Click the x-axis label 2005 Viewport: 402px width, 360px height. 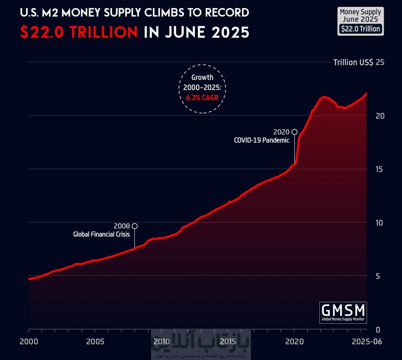[95, 342]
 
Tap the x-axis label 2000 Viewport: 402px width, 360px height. [29, 342]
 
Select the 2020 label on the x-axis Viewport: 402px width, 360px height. [294, 342]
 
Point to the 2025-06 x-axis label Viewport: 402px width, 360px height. [367, 342]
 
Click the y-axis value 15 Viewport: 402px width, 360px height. [379, 169]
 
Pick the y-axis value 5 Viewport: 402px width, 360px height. [378, 276]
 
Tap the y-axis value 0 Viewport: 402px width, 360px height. [378, 329]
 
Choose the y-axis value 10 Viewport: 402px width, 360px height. [379, 223]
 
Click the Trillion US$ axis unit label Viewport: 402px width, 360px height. [353, 62]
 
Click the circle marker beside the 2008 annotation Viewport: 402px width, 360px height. [135, 226]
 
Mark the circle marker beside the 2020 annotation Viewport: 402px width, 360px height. [294, 132]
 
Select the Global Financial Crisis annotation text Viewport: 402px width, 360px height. [101, 234]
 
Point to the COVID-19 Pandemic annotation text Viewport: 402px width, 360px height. [262, 140]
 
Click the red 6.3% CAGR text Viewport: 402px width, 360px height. [202, 98]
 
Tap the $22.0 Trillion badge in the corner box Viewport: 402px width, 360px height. [360, 29]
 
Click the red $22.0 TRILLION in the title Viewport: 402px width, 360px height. [79, 32]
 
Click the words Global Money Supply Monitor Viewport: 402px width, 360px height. [343, 319]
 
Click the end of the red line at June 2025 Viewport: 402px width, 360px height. [366, 94]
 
